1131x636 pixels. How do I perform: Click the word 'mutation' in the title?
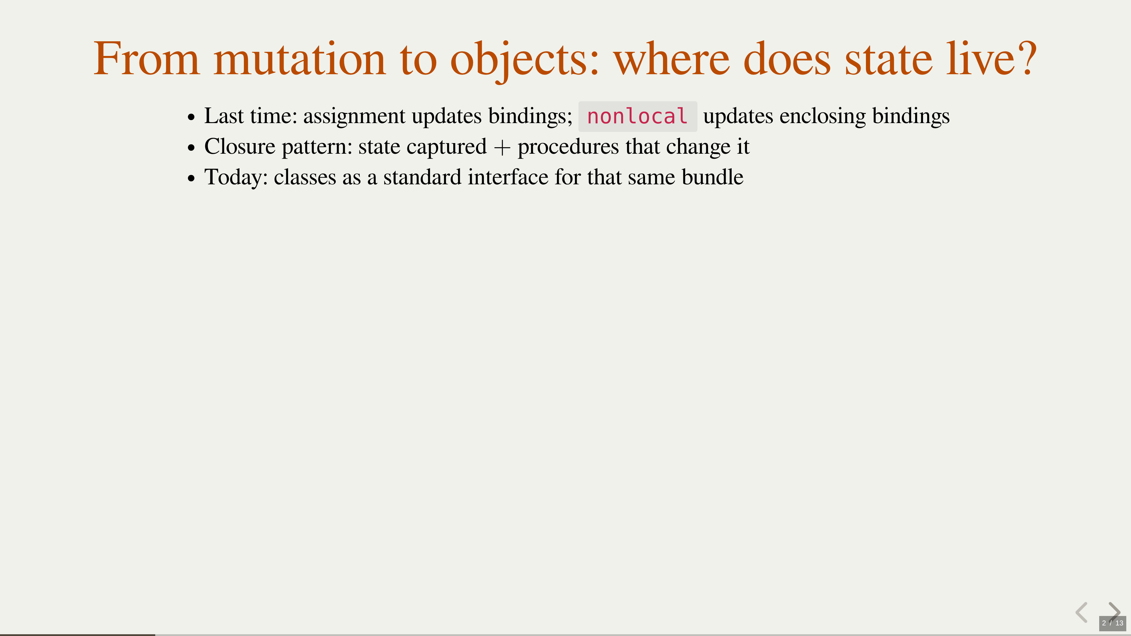(300, 59)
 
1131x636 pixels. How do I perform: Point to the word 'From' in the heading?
(146, 59)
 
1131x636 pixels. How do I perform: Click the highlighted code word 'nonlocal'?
(637, 116)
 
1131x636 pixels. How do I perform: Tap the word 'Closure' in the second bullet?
(240, 147)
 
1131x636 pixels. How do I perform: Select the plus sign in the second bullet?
(502, 148)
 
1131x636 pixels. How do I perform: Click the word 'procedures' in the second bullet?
(568, 148)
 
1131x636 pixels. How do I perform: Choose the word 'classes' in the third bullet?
(305, 178)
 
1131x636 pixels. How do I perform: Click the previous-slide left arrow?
(1082, 612)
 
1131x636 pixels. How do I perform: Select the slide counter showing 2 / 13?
(1112, 623)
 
